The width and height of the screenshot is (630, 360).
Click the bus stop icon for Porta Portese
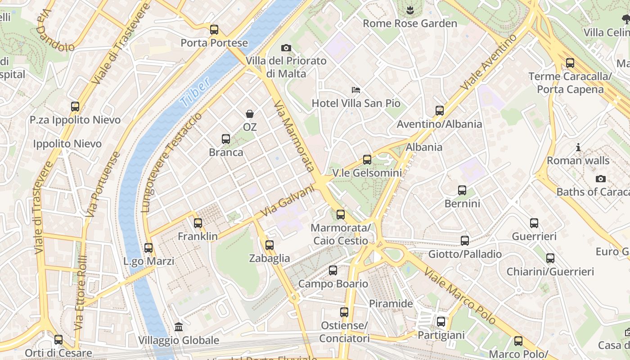214,30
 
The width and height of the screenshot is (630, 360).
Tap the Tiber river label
195,92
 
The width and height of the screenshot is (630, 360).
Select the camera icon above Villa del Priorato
286,48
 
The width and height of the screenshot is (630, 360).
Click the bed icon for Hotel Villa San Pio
356,90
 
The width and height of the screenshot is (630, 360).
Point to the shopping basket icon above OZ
250,114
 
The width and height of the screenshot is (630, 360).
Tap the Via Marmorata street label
294,136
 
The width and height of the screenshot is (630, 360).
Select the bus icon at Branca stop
226,139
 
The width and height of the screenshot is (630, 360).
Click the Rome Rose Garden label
409,23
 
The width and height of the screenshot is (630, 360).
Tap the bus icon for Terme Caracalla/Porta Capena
570,63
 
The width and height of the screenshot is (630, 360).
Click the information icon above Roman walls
578,147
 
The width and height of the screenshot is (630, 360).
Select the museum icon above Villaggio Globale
179,327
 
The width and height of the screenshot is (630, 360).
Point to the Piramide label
391,304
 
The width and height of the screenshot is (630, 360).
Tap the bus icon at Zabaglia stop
270,245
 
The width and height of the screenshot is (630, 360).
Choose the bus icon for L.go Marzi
148,248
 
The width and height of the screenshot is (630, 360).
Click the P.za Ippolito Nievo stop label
75,120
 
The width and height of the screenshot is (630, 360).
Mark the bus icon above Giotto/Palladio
465,241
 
